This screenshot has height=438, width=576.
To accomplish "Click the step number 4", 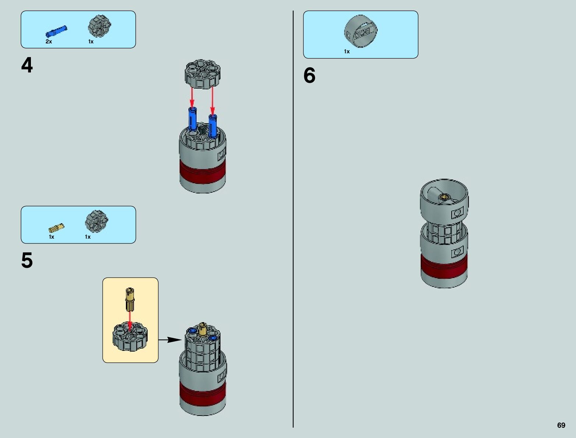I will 27,65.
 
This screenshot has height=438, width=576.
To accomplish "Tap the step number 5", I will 27,261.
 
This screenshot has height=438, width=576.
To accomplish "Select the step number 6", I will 309,75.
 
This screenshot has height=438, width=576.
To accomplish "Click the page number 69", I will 561,425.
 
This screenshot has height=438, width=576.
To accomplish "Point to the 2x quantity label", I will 49,42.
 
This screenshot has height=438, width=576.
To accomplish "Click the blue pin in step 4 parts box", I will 56,31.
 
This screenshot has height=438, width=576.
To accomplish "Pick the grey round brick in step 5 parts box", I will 96,221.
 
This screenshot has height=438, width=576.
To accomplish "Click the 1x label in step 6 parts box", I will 347,51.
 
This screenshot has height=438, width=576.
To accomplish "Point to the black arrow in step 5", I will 170,340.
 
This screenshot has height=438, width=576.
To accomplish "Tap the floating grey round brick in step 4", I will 202,74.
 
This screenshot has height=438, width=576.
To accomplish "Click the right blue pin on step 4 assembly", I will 213,125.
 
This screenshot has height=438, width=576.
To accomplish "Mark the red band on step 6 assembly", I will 444,265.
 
